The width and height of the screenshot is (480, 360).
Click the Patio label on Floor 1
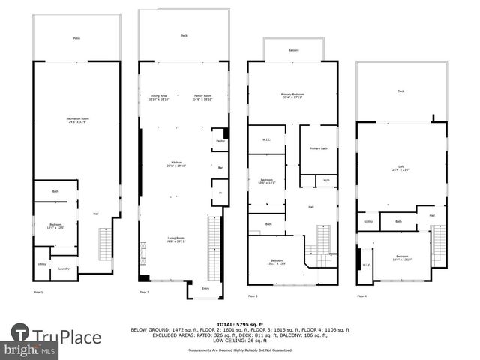pyautogui.click(x=76, y=37)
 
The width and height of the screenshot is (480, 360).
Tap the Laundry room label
pyautogui.click(x=64, y=269)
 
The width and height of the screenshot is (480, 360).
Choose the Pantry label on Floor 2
pyautogui.click(x=220, y=140)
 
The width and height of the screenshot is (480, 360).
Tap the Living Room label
pyautogui.click(x=175, y=239)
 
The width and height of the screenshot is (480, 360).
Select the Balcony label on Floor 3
pyautogui.click(x=293, y=50)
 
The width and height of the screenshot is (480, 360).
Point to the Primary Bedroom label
pyautogui.click(x=292, y=95)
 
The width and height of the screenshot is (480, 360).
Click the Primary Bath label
pyautogui.click(x=318, y=148)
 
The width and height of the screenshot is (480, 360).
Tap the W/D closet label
pyautogui.click(x=326, y=180)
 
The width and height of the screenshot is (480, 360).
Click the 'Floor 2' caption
pyautogui.click(x=143, y=292)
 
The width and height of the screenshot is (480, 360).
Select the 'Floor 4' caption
pyautogui.click(x=362, y=295)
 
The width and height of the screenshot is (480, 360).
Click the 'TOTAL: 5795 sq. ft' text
pyautogui.click(x=240, y=323)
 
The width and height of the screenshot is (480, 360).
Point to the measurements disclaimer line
pyautogui.click(x=240, y=349)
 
